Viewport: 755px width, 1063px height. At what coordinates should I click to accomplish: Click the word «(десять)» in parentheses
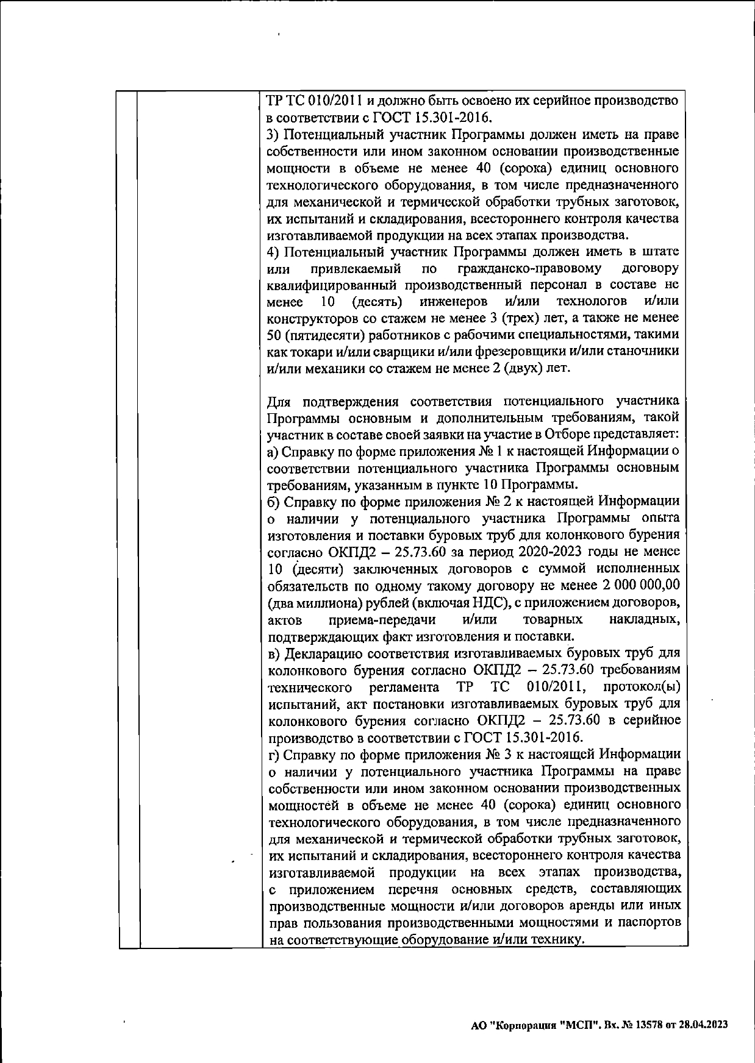(x=377, y=302)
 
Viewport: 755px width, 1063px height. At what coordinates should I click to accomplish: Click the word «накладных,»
(x=645, y=620)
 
